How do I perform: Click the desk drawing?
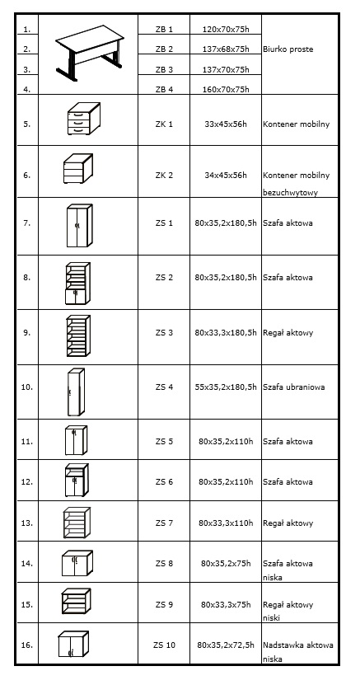coord(89,53)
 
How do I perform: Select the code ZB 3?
coord(164,69)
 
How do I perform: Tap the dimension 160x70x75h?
coord(226,90)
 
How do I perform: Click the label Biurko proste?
coord(288,49)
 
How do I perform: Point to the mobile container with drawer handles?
coord(83,119)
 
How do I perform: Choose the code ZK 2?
coord(164,176)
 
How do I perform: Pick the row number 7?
coord(26,223)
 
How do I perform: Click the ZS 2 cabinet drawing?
coord(77,283)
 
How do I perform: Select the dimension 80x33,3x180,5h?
coord(226,333)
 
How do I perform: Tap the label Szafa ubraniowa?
coord(293,387)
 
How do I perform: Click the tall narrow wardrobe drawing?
coord(76,392)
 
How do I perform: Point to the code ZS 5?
coord(164,441)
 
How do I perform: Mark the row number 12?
coord(26,482)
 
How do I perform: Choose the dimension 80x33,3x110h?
coord(226,523)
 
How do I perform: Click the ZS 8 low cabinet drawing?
coord(77,563)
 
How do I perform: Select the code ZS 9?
coord(164,604)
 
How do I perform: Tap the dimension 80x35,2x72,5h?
coord(226,645)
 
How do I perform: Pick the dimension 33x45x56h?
coord(226,124)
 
